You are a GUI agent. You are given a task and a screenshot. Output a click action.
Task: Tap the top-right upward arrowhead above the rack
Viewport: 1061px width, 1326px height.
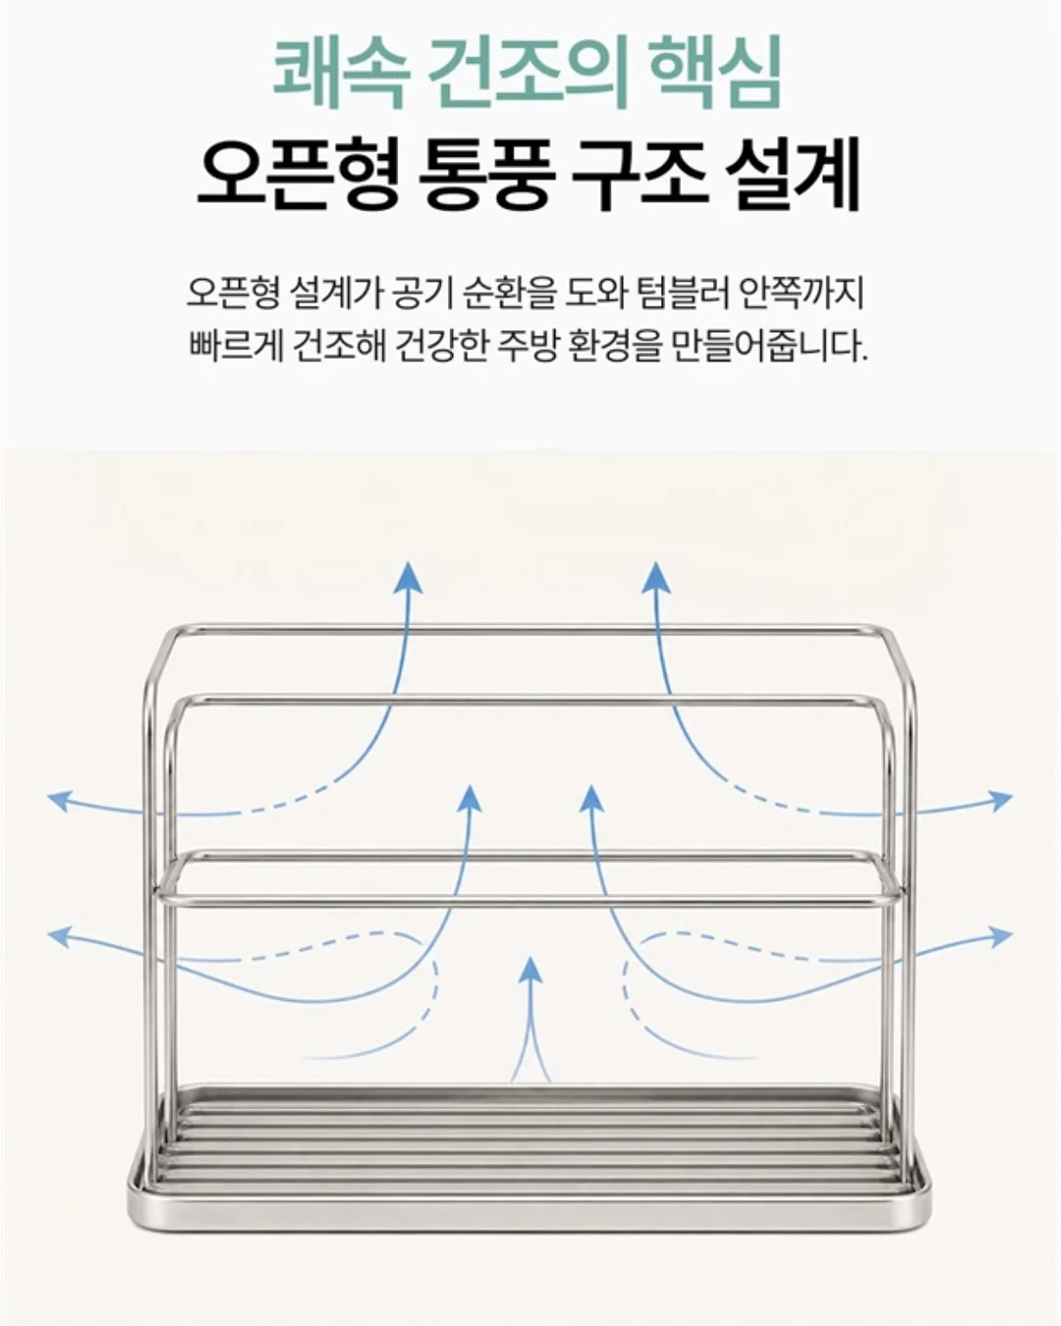click(x=656, y=578)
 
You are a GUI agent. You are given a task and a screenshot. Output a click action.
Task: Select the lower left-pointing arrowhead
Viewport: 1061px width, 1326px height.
click(x=59, y=937)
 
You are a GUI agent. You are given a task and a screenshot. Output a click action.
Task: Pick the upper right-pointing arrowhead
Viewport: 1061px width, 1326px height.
click(x=1002, y=800)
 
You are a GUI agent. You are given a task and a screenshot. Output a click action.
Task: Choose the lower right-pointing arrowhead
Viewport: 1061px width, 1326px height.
click(x=1002, y=937)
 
